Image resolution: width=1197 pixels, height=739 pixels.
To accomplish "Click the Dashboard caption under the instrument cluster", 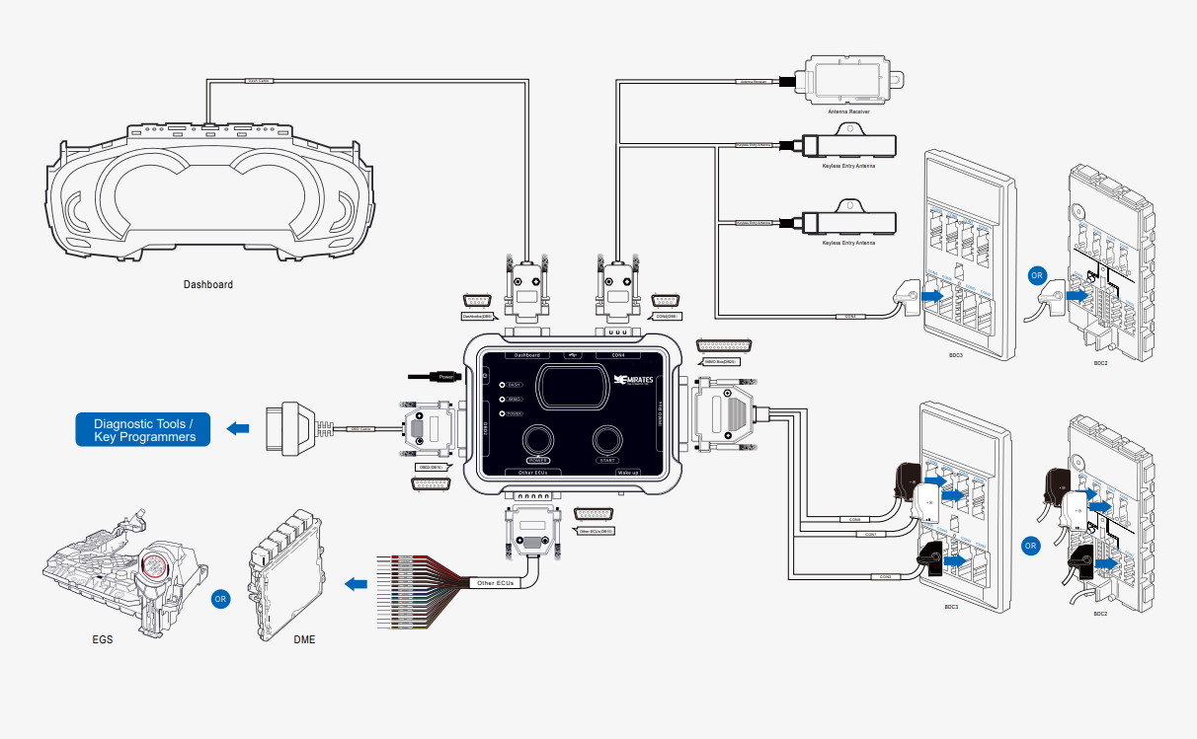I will pos(208,285).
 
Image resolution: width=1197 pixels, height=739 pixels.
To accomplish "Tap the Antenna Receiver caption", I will pos(848,112).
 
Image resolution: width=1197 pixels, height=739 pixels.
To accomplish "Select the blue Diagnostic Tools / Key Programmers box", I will pos(143,429).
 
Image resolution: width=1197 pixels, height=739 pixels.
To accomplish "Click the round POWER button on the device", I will pos(539,440).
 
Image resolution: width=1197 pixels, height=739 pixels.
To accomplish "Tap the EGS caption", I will pos(102,639).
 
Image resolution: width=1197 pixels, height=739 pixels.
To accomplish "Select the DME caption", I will pos(304,639).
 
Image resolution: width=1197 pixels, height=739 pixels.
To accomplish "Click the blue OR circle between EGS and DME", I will pos(222,598).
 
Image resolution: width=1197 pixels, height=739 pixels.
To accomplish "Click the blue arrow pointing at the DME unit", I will pos(356,585).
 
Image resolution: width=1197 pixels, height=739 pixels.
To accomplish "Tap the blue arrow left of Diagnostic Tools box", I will pos(238,428).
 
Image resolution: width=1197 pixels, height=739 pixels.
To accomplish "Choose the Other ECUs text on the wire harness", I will pos(496,583).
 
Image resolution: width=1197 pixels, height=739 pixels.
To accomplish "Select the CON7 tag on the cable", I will pos(870,535).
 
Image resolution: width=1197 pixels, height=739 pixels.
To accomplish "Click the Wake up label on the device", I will pos(629,473).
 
